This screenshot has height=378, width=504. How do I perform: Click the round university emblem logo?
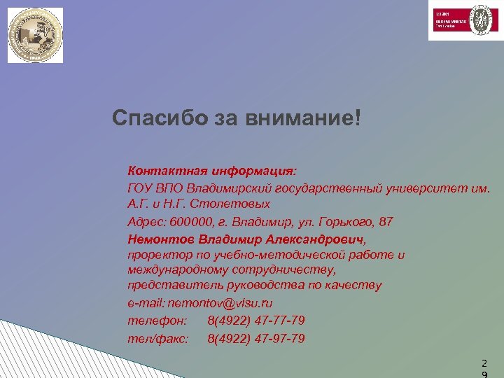(35, 35)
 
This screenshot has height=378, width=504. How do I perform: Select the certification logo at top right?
(462, 21)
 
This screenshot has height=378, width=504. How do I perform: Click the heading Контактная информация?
(212, 171)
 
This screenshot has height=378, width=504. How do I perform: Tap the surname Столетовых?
(232, 204)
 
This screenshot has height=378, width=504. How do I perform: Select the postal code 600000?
(189, 222)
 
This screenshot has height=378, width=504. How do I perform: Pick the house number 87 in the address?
(386, 222)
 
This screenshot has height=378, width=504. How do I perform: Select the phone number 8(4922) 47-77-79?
(256, 321)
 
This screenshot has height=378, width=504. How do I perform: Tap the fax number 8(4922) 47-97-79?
(256, 339)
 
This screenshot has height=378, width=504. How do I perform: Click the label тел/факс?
(158, 339)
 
